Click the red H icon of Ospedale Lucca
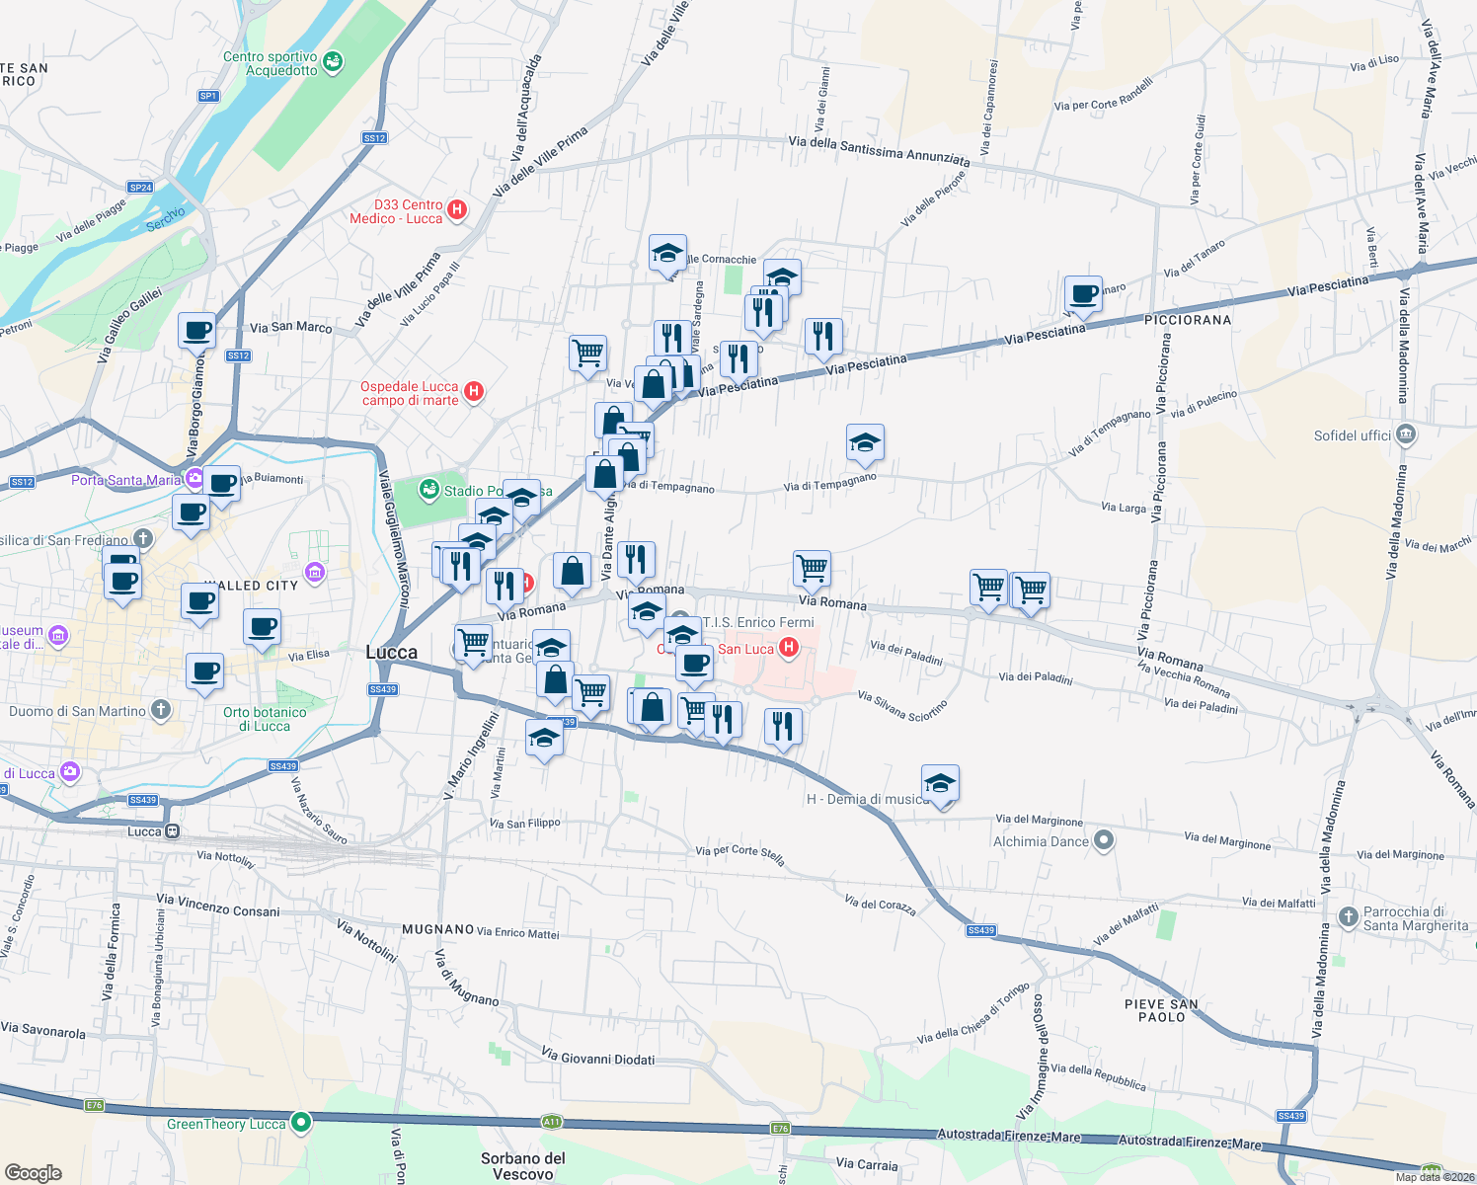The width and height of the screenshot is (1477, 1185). click(x=474, y=392)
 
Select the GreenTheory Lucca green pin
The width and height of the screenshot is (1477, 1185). click(x=301, y=1122)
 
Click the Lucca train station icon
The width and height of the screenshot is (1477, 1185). click(x=173, y=831)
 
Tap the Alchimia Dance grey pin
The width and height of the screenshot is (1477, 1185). click(x=1105, y=841)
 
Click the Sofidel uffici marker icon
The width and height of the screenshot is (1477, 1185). click(x=1407, y=434)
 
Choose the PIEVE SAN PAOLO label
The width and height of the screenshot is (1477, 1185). click(x=1161, y=1010)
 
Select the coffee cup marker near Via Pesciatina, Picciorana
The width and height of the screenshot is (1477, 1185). click(x=1083, y=293)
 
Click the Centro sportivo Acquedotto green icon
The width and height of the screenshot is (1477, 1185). click(x=333, y=62)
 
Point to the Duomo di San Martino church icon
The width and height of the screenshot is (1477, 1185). click(x=161, y=710)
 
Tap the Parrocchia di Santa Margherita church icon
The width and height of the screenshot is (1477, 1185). click(x=1349, y=917)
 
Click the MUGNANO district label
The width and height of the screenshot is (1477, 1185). click(x=438, y=929)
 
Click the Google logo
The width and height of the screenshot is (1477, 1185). click(x=34, y=1172)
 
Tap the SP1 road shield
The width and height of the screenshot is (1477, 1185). click(x=208, y=96)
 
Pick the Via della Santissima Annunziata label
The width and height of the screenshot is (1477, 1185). click(x=879, y=150)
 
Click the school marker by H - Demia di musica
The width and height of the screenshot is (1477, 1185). click(x=940, y=783)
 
